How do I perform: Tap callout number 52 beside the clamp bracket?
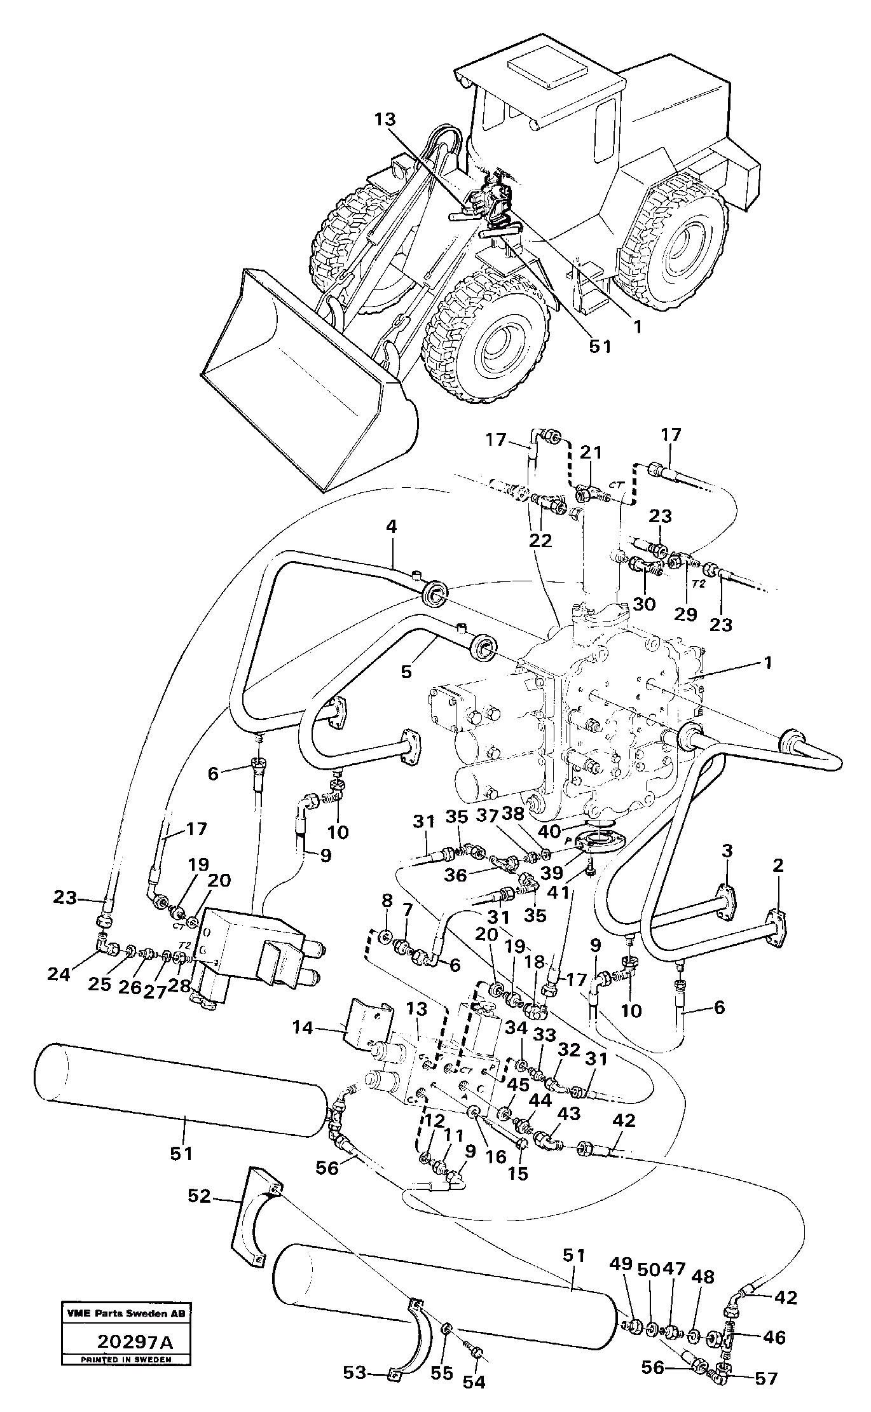pos(199,1196)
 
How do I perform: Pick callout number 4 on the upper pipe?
pos(392,527)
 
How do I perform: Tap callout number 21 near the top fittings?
pos(592,453)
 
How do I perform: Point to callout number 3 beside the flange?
pos(727,851)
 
